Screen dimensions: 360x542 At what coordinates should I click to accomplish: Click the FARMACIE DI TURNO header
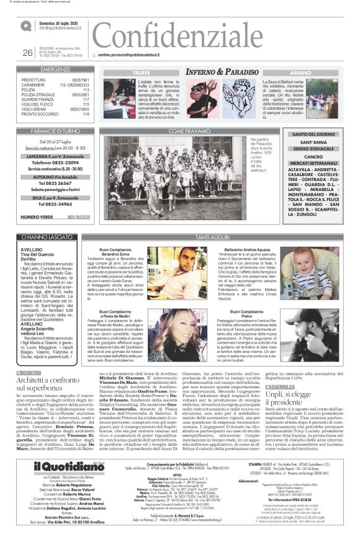tap(55, 131)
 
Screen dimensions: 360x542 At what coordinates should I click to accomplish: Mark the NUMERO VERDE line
tap(55, 216)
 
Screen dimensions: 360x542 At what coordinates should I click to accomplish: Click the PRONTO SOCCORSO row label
tap(38, 115)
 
